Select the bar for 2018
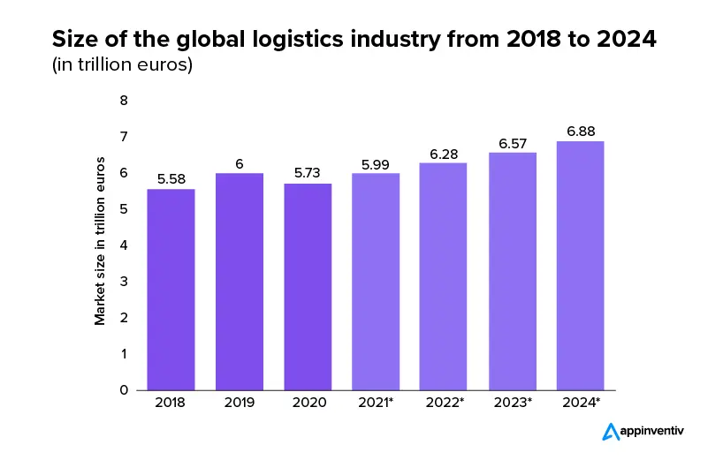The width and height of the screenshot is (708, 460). (171, 290)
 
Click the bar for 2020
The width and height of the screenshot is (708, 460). (308, 287)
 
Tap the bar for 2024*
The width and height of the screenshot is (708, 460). (580, 265)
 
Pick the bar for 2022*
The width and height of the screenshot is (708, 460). (444, 276)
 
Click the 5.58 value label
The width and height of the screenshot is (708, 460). (171, 179)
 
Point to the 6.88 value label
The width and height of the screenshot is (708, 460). (580, 132)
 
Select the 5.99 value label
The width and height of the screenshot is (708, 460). (376, 163)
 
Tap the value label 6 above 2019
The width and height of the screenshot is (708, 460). (240, 163)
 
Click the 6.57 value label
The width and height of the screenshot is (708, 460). (512, 143)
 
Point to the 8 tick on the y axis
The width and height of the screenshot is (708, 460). (124, 101)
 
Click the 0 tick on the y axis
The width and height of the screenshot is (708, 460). (124, 389)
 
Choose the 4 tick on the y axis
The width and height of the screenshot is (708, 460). (124, 245)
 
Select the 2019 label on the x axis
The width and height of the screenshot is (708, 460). (240, 403)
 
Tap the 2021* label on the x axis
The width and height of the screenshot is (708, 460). (376, 403)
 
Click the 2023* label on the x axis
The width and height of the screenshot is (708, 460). (512, 403)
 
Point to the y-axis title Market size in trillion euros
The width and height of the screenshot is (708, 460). (100, 241)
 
